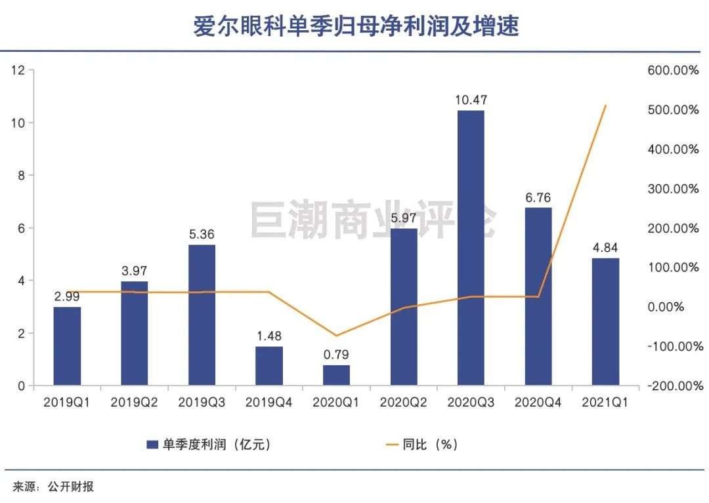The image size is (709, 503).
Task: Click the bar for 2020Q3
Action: coord(471,247)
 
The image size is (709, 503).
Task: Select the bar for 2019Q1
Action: coord(67,346)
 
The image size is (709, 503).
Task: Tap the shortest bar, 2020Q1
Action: coord(336,375)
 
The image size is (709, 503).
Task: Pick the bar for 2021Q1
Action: coord(605,321)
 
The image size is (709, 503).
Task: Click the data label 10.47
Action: coord(471,100)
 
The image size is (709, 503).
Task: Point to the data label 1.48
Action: coord(269,336)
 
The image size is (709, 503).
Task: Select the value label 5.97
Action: coord(403,218)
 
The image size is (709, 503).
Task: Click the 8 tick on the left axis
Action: coord(21,176)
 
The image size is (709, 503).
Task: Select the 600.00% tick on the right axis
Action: coord(673,70)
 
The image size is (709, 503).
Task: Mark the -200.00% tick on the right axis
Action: coord(673,386)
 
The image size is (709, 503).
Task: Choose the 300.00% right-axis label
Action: coord(673,189)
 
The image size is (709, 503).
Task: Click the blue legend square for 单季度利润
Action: coord(151,445)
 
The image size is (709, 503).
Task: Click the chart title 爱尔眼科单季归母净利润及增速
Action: coord(355,27)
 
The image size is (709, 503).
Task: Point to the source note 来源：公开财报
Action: coord(53,487)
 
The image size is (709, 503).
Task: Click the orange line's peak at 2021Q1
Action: coord(605,105)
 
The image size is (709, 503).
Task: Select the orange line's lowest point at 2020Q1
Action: coord(336,336)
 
